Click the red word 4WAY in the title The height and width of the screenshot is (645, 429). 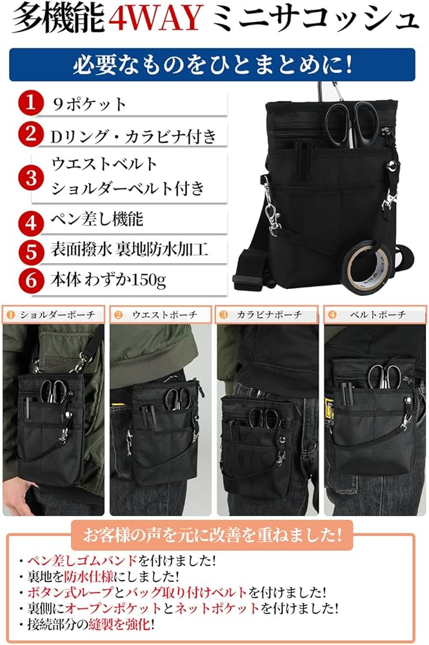coord(156,19)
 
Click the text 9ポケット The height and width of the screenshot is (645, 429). coord(89,104)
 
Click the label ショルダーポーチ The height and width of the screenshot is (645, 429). coord(57,315)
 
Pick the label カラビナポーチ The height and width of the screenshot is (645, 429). coord(269,315)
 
